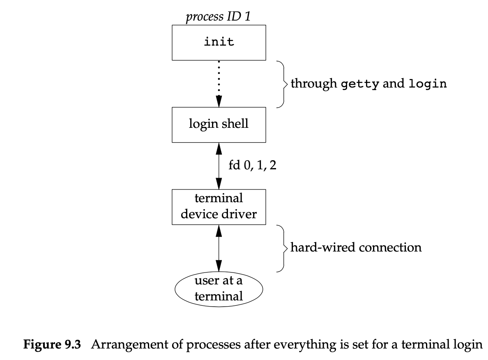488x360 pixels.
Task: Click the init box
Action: coord(219,42)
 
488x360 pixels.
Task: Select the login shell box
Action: coord(219,124)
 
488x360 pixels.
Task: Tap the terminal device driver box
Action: coord(219,206)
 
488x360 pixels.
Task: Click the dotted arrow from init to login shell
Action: coord(219,80)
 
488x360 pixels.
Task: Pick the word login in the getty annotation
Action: coord(428,84)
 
